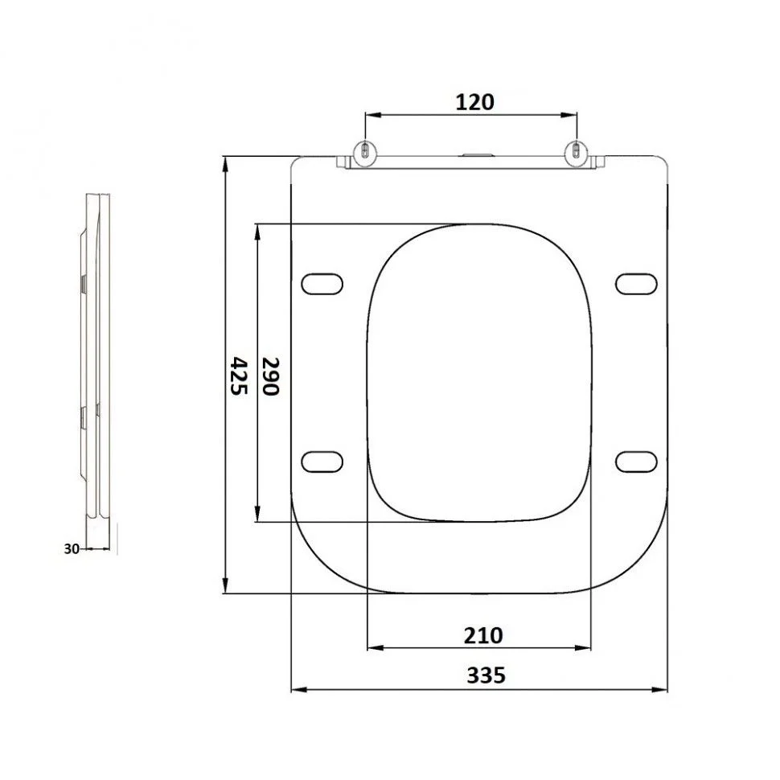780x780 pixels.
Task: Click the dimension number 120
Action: (474, 102)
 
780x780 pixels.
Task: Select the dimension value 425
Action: (240, 376)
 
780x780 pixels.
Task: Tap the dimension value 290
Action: (271, 376)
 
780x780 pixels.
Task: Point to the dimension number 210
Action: (483, 635)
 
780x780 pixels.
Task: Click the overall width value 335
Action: (486, 675)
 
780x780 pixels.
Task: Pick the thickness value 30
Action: (72, 548)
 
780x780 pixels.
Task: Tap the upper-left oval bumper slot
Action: (322, 284)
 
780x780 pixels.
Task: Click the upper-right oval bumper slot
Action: (636, 284)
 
